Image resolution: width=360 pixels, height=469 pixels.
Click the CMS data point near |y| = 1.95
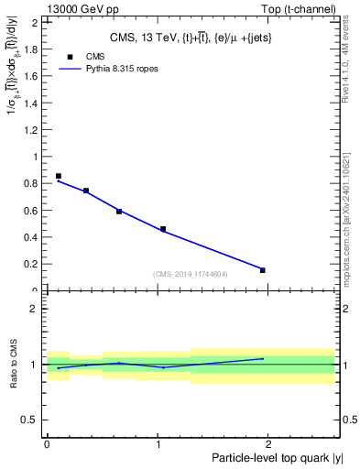coord(263,270)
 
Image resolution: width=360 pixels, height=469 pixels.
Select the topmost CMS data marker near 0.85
coord(59,176)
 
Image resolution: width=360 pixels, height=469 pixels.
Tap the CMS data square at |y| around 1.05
coord(163,229)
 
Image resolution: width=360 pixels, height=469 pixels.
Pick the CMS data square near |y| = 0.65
coord(119,212)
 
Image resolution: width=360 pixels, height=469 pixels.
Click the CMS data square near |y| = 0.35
coord(86,191)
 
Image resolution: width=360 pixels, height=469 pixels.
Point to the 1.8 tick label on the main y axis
coord(32,49)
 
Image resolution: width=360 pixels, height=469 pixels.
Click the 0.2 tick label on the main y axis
coord(32,264)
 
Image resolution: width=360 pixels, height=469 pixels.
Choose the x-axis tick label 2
coord(269,443)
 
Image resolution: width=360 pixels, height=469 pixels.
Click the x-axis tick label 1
coord(158,443)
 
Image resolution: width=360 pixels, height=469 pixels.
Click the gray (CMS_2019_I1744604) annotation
coord(191,274)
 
